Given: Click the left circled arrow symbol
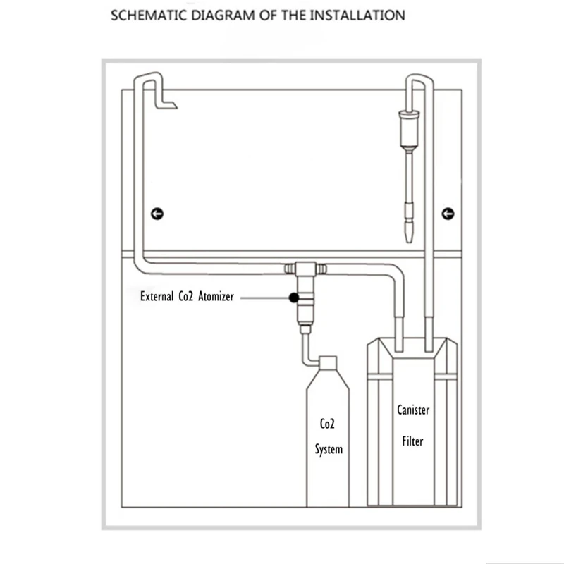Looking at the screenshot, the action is coord(157,214).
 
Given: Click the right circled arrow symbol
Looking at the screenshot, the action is coord(448,214).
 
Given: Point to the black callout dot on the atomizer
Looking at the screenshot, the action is coord(294,298).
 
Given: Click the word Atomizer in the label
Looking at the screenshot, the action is coord(216,296).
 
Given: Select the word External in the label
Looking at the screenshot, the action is coord(157,296).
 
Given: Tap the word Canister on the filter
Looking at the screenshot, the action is coord(413,410).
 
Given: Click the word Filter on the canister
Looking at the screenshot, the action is coord(412,441).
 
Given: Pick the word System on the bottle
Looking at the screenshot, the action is coord(329,450).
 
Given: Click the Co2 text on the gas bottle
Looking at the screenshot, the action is coord(327,424).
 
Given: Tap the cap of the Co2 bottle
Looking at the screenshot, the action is coord(328,362).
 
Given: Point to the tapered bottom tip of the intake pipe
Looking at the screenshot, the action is coord(409,233).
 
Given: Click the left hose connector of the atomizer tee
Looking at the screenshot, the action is coord(290,269).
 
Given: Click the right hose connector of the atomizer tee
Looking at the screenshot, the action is coord(321,269).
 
